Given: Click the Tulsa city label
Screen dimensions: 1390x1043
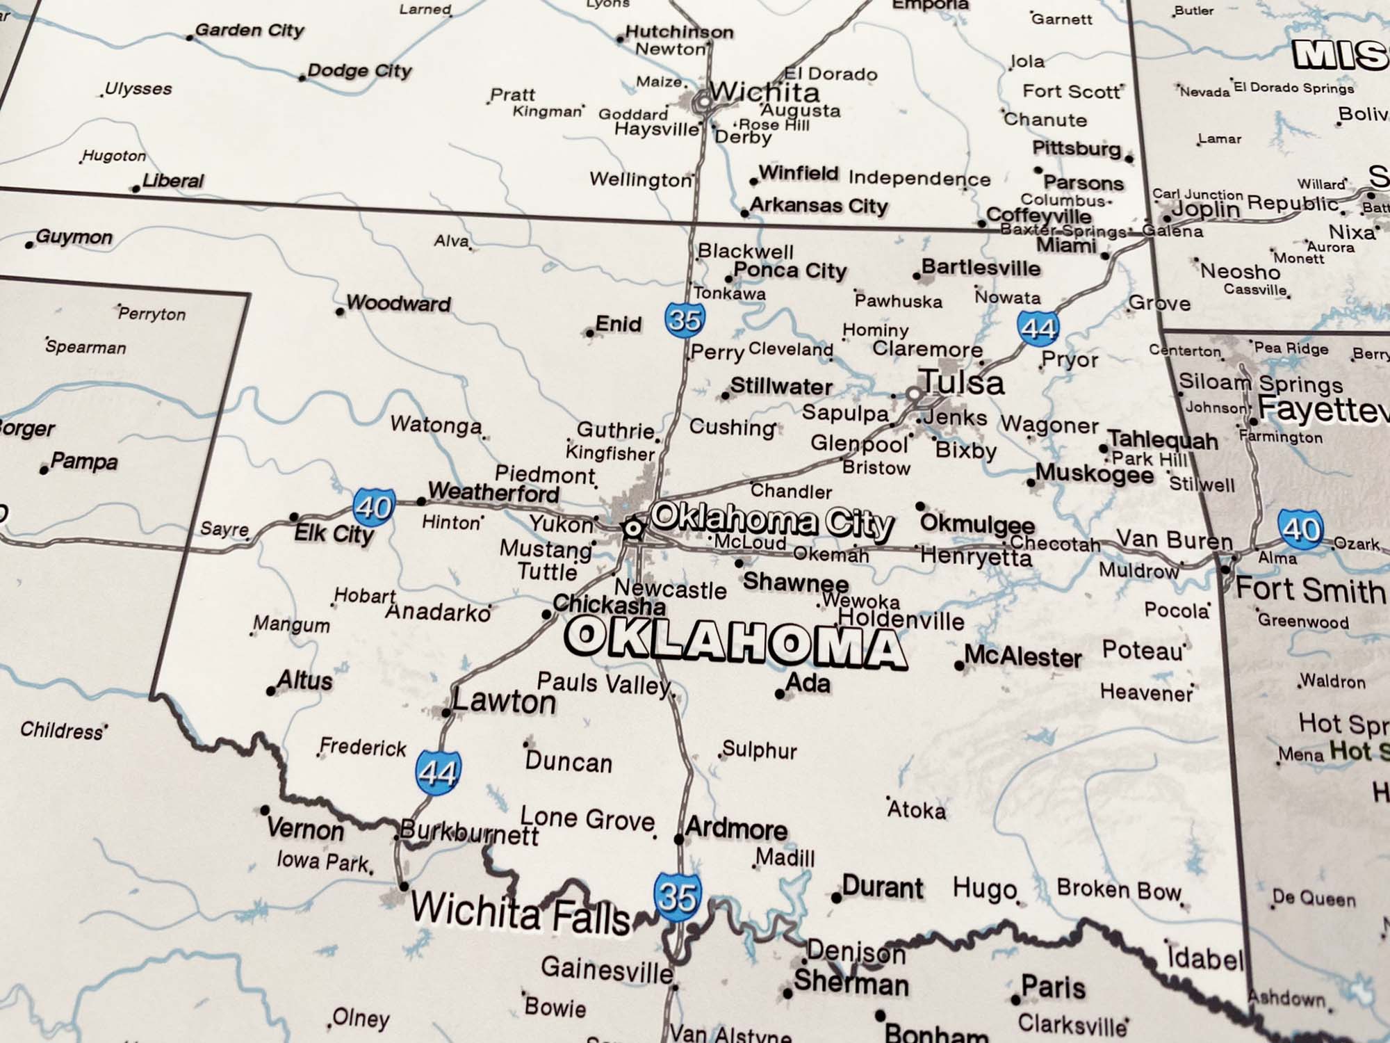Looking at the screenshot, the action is click(x=963, y=382).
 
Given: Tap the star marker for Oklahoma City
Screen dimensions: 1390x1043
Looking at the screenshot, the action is click(x=632, y=528).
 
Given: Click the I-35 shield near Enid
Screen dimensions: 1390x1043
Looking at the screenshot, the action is click(x=685, y=320).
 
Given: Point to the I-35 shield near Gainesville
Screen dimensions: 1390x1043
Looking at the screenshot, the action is click(x=677, y=897).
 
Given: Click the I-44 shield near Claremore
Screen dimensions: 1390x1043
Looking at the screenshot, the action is click(x=1038, y=328).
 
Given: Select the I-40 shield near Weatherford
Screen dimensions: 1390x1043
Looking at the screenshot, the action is click(x=374, y=507).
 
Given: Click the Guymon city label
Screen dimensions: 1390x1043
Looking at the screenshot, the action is click(x=74, y=237).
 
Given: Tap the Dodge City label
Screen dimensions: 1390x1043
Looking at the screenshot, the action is click(x=359, y=71).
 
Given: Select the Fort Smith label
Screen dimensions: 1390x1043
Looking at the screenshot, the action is click(x=1310, y=590).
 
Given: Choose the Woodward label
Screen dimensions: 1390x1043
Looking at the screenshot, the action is click(x=398, y=303).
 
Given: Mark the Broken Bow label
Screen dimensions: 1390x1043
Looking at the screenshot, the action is click(x=1119, y=889).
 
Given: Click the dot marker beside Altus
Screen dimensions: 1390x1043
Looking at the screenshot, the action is click(x=271, y=690).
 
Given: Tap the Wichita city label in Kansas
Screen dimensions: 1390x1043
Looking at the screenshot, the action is click(x=764, y=92).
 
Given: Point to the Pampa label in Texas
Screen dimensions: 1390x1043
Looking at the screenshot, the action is click(x=84, y=461).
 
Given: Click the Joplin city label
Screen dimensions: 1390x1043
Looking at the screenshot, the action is click(x=1206, y=209).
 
